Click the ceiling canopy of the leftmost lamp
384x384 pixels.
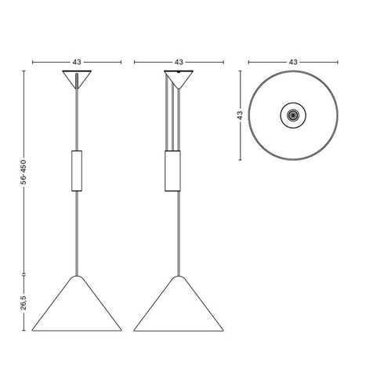(x=77, y=78)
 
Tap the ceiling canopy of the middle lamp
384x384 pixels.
(x=179, y=78)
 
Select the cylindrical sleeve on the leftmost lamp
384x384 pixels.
(x=77, y=170)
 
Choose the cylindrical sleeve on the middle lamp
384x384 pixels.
(x=173, y=170)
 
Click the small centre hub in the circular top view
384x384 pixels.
(x=293, y=115)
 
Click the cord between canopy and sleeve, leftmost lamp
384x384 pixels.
(x=77, y=118)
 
